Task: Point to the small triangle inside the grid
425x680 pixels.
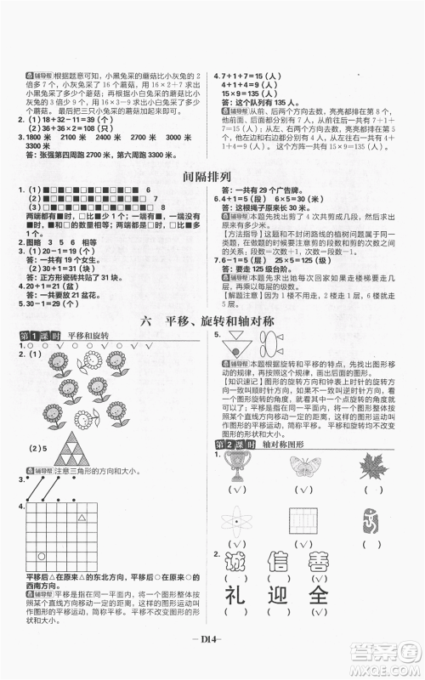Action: (82, 518)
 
